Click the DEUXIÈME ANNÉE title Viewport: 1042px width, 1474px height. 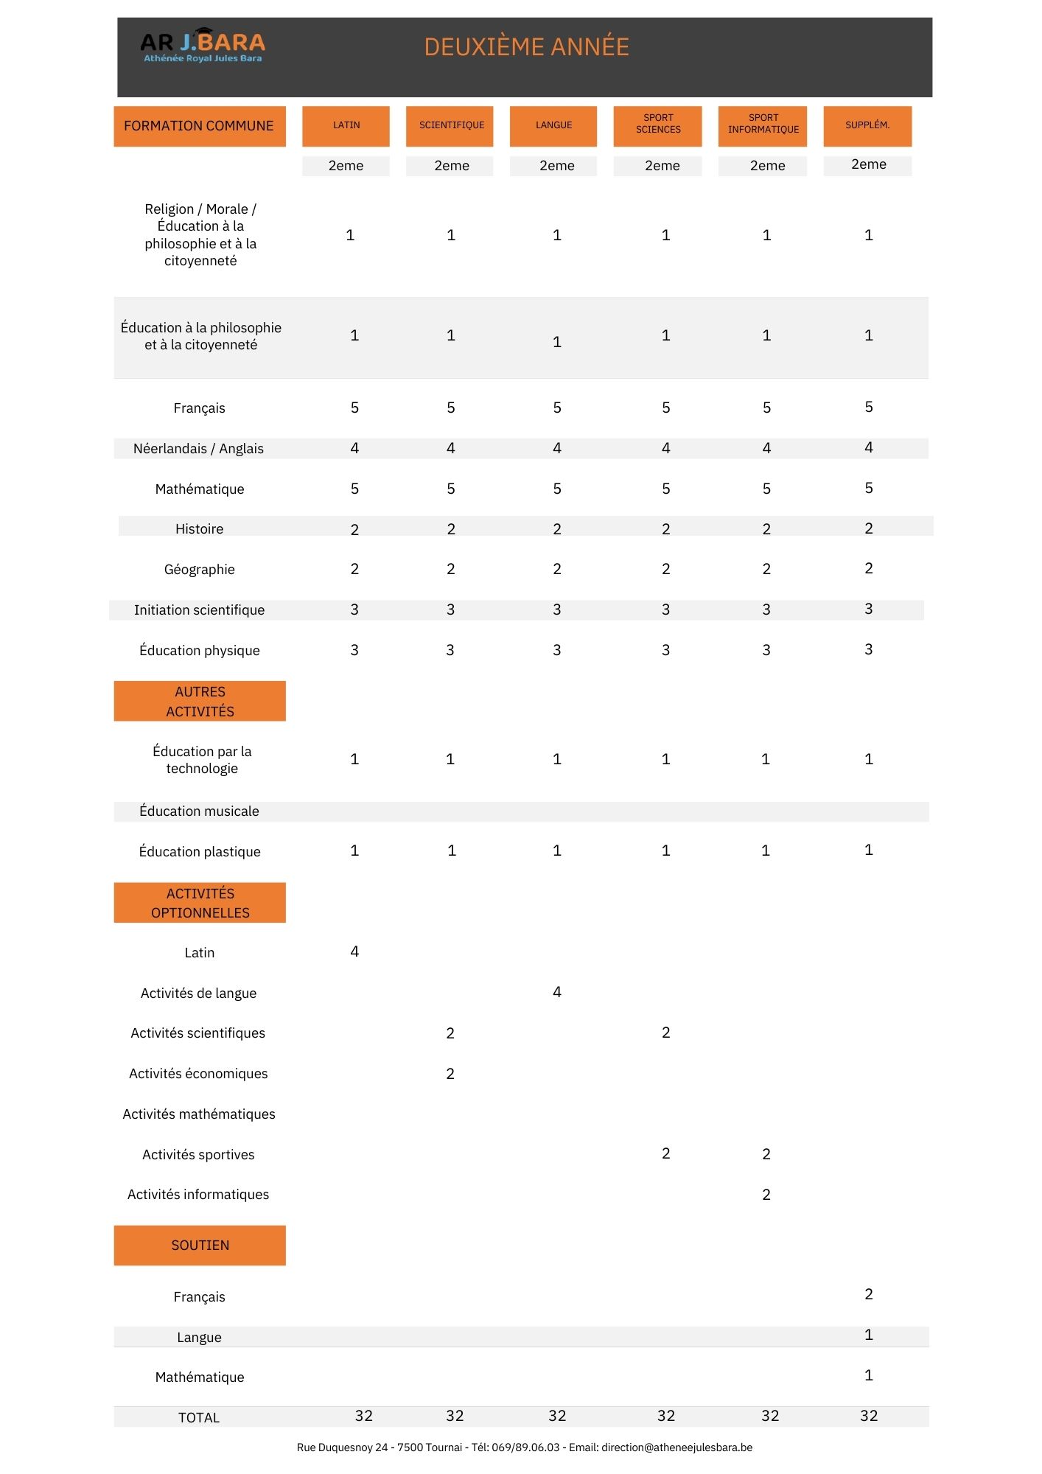(526, 47)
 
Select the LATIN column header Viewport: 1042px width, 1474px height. (346, 125)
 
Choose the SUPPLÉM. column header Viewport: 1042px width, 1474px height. (867, 125)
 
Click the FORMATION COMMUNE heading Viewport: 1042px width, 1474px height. (199, 126)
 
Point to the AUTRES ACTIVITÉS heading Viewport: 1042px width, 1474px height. (200, 701)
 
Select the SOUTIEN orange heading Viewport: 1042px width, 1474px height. (200, 1245)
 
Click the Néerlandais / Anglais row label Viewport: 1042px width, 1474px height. (198, 449)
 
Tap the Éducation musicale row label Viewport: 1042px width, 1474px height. (199, 811)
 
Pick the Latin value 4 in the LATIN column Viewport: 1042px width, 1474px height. (354, 951)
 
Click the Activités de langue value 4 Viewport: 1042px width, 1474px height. (557, 992)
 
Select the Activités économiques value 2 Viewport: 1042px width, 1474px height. (450, 1074)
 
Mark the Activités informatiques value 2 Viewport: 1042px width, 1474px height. (766, 1195)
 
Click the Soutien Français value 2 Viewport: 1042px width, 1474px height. (869, 1294)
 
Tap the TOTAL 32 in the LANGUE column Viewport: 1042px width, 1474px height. (557, 1416)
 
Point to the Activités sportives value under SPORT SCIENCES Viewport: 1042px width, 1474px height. (665, 1153)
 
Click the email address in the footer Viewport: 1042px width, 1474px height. (676, 1447)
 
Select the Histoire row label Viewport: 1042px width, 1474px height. (199, 529)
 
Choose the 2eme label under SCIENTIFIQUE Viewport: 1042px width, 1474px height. (451, 166)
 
